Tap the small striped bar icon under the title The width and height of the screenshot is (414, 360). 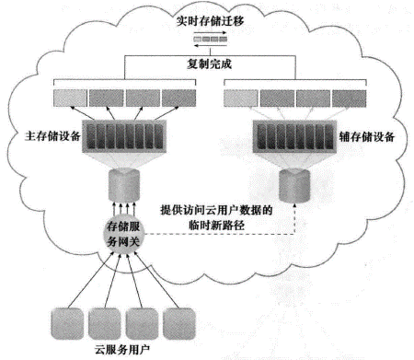tap(209, 39)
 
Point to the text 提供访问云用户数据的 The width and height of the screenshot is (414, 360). tap(218, 209)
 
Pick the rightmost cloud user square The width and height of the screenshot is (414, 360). tap(178, 322)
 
